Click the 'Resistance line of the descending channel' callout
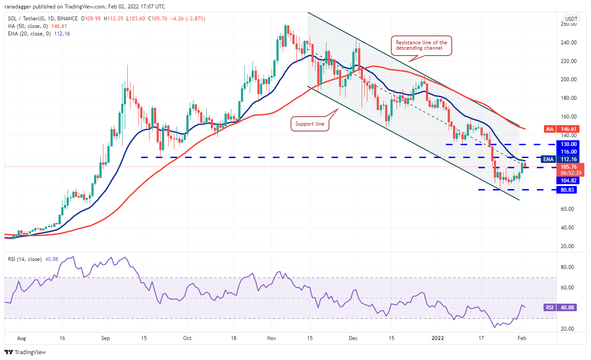tap(422, 46)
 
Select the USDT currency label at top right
tap(570, 19)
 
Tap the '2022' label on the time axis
tap(438, 337)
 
